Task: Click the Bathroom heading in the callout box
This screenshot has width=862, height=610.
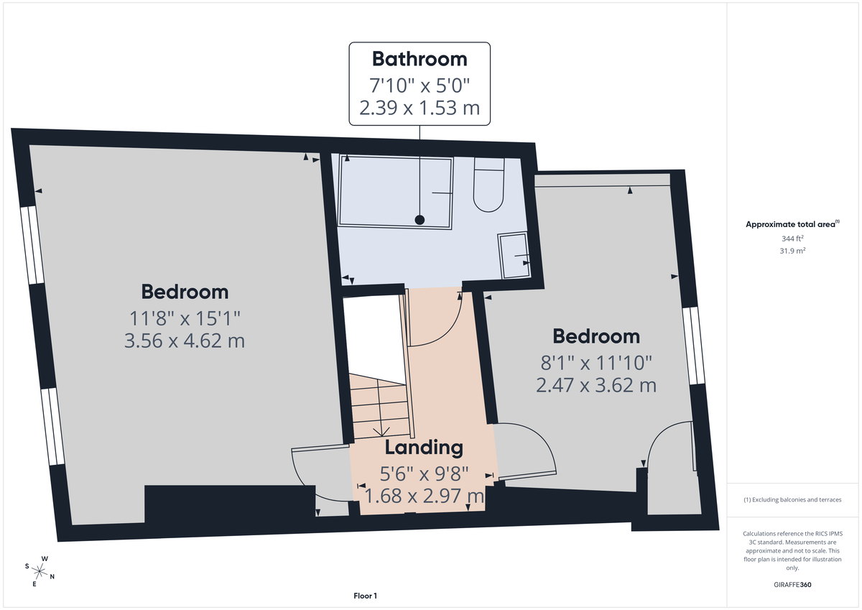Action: [x=420, y=58]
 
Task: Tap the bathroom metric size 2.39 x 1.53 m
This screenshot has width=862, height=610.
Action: [x=420, y=109]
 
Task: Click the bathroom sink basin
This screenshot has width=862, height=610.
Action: [x=514, y=256]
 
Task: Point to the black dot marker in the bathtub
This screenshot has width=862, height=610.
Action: [x=420, y=219]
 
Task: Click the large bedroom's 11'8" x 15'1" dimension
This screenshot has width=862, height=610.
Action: [x=185, y=316]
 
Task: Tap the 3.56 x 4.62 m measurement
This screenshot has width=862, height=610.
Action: [x=185, y=340]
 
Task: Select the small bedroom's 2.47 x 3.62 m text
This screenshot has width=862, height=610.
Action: [x=595, y=384]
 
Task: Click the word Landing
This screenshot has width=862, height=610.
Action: [x=424, y=448]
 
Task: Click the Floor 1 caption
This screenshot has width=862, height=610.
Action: [x=365, y=596]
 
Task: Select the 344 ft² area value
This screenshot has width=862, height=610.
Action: [x=792, y=238]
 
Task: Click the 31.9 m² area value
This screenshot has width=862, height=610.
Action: [x=792, y=251]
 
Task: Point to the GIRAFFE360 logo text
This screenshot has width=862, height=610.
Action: [x=792, y=585]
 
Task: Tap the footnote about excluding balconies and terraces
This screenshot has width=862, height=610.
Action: [x=792, y=499]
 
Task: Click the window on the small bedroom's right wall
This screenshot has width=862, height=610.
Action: [x=692, y=346]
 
